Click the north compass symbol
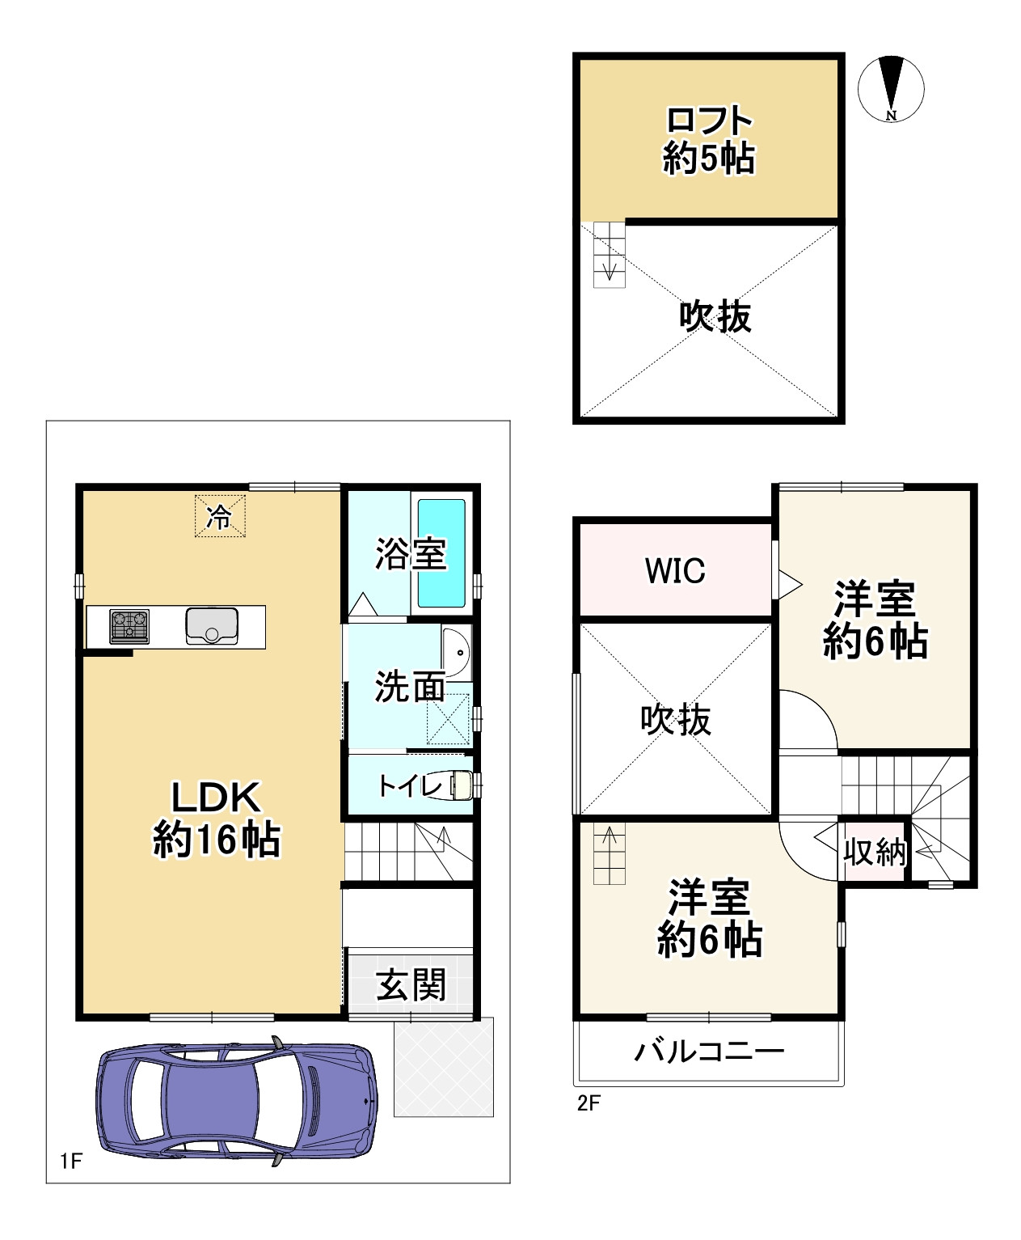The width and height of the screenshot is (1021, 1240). [891, 88]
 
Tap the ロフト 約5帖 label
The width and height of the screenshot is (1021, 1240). [709, 139]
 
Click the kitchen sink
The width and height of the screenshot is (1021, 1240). [212, 626]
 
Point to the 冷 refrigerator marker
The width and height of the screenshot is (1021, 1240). [218, 516]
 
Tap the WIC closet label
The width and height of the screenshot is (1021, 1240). [675, 570]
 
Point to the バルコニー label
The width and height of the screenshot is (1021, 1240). [709, 1052]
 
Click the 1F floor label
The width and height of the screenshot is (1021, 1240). [71, 1162]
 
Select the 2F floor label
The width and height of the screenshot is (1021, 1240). [589, 1103]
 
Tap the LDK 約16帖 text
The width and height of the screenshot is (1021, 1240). [217, 819]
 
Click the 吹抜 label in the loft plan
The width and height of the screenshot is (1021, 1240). [715, 316]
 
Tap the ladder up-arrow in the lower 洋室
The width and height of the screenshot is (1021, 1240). [610, 836]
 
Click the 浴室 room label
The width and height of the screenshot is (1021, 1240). [411, 554]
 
